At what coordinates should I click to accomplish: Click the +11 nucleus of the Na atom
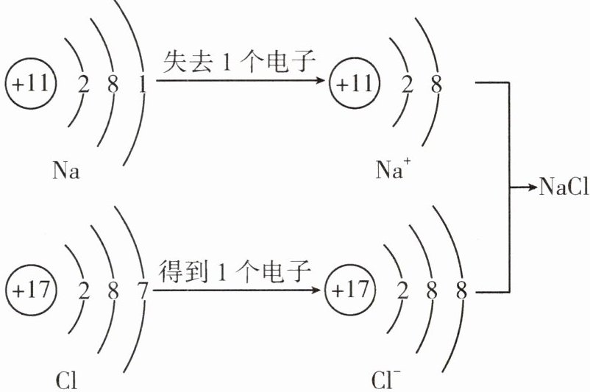(x=30, y=83)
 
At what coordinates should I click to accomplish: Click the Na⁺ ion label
(x=390, y=171)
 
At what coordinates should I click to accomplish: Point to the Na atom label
(x=66, y=172)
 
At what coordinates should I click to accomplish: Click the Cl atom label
(x=66, y=381)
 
